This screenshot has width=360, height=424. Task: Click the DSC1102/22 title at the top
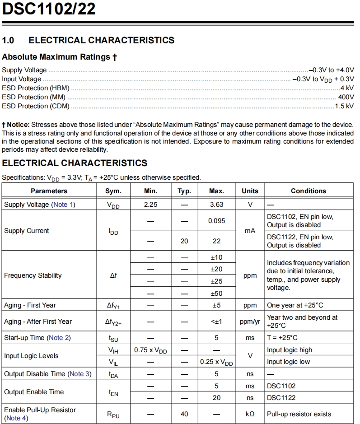click(49, 9)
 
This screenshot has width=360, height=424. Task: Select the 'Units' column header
click(250, 191)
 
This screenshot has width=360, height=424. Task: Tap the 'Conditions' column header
click(308, 191)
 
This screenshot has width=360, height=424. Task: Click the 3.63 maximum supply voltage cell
click(216, 205)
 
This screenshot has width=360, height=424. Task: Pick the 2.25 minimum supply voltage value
click(150, 205)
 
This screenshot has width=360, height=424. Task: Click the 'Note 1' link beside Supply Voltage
click(63, 205)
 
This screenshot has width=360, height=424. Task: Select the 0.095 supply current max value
click(216, 221)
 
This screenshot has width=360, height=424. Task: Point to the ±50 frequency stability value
click(216, 294)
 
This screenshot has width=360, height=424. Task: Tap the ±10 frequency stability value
click(216, 257)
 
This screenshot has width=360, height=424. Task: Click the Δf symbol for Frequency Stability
click(113, 275)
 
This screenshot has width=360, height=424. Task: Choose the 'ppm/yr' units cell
click(250, 321)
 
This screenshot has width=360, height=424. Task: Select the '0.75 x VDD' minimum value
click(150, 350)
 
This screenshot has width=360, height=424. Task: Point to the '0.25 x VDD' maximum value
click(216, 362)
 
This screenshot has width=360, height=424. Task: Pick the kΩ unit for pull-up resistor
click(250, 414)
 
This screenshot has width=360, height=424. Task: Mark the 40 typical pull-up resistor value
click(184, 414)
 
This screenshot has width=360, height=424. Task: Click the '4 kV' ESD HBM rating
click(347, 88)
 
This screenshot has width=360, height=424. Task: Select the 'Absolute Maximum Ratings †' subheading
click(59, 57)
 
